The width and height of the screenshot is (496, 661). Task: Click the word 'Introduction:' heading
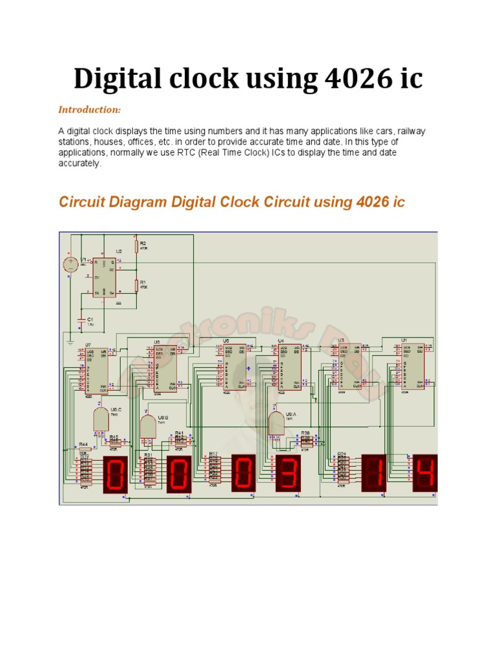coord(90,109)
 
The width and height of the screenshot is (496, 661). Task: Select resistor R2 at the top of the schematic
coord(136,247)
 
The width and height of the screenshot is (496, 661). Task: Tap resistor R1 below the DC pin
coord(136,285)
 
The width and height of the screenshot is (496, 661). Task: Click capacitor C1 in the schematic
coord(81,320)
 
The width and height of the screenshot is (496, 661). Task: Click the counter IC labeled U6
coord(165,369)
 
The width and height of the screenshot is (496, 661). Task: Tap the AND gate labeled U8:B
coord(148,427)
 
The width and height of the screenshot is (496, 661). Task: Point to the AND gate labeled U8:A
coord(277,423)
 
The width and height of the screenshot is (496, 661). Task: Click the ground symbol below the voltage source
coord(70,335)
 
